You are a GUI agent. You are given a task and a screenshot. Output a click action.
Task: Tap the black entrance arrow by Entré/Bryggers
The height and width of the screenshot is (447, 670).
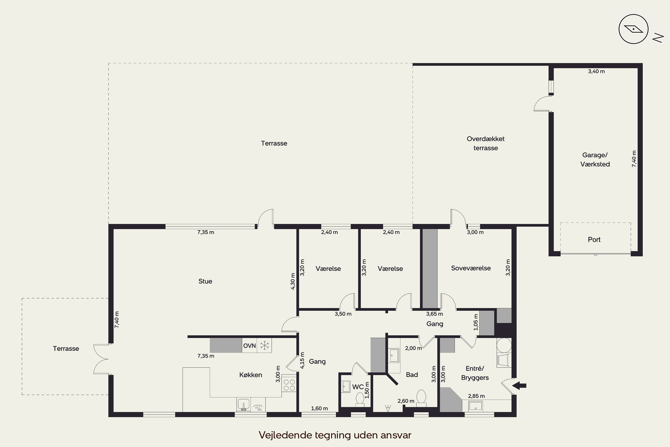[519, 386]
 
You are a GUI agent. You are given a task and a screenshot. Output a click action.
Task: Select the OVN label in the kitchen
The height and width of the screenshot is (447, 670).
[249, 346]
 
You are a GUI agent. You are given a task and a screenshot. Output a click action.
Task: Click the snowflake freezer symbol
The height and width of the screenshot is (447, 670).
[265, 346]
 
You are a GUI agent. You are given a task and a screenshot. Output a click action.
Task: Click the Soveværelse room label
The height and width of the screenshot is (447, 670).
[471, 268]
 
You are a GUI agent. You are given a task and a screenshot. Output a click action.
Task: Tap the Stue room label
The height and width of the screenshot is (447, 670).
[205, 281]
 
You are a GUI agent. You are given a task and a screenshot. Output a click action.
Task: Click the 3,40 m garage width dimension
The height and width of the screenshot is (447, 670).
[596, 71]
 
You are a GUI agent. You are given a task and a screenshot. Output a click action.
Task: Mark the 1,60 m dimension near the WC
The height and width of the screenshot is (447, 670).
[319, 409]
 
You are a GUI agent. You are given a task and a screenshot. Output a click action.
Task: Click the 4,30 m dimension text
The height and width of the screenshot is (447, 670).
[293, 281]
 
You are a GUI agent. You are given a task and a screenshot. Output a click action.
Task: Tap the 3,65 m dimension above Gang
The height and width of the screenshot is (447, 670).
[434, 314]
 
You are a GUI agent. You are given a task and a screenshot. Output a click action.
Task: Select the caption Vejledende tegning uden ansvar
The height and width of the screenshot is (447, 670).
[335, 435]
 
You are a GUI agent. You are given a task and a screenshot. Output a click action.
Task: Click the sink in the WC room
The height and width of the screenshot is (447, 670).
[345, 387]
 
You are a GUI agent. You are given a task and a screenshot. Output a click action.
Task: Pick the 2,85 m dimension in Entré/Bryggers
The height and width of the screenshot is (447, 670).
[476, 396]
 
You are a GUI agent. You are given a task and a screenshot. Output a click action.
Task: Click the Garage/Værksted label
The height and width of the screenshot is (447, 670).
[595, 160]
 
